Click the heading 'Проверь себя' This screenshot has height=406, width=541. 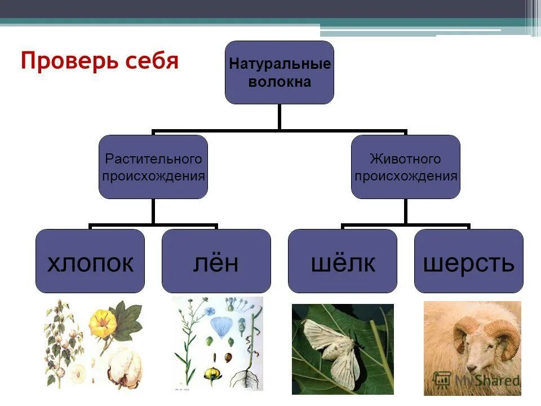tap(99, 60)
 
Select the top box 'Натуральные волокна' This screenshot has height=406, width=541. tap(280, 72)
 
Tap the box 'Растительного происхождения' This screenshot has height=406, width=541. tap(153, 167)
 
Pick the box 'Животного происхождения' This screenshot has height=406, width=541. tap(405, 167)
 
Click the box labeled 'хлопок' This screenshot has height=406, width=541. tap(90, 261)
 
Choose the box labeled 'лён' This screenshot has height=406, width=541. tap(216, 261)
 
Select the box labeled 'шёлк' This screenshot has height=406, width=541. tap(342, 261)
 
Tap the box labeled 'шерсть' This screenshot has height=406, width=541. tap(468, 261)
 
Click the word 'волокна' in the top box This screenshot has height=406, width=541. tap(280, 82)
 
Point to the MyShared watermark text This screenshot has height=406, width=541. tap(487, 380)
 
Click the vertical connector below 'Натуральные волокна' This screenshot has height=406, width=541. tap(280, 117)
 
